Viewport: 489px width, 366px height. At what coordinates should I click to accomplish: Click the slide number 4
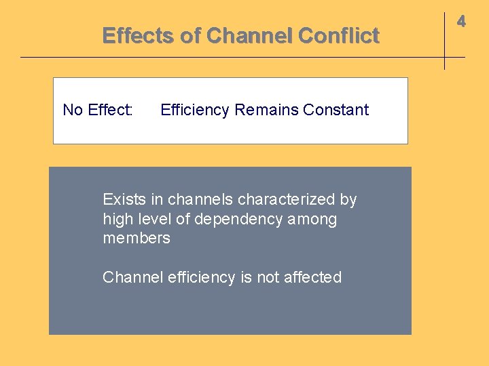(461, 22)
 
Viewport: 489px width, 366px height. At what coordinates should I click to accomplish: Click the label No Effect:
(98, 110)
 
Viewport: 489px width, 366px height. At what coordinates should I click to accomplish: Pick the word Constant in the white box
(336, 110)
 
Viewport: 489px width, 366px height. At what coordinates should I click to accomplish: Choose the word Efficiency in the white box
(195, 110)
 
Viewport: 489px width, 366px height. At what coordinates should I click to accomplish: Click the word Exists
(124, 199)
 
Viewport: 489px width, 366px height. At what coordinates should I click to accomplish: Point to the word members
(137, 238)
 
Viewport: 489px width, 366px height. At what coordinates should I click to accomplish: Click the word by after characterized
(348, 199)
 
